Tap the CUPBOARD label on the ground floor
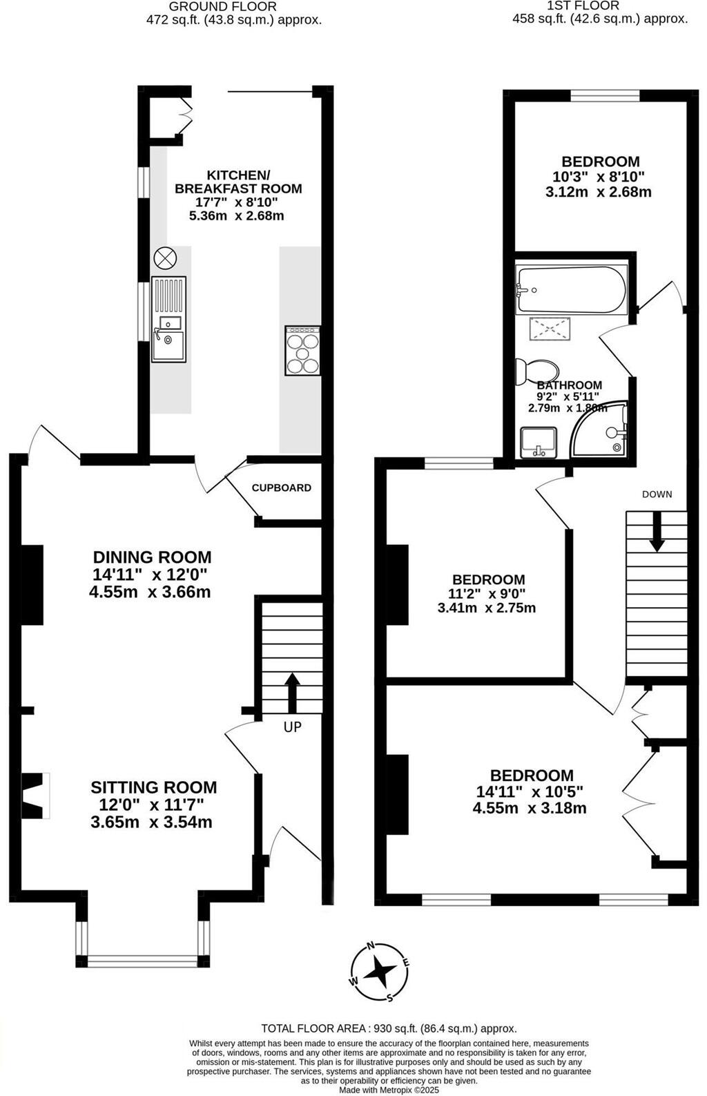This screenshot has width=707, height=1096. click(x=281, y=488)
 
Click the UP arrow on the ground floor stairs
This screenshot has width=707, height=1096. click(x=292, y=693)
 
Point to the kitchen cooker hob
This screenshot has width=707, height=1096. click(x=303, y=351)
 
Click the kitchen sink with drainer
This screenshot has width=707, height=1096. click(x=169, y=319)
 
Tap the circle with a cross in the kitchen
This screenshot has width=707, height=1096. click(x=165, y=259)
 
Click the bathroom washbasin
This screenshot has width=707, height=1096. click(x=538, y=442)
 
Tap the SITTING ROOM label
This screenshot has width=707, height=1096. click(x=153, y=787)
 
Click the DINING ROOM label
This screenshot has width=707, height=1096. click(x=152, y=557)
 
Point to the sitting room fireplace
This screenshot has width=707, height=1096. click(x=35, y=796)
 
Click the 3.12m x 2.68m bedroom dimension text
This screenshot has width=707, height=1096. click(x=598, y=192)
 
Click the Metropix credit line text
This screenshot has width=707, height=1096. click(x=389, y=1090)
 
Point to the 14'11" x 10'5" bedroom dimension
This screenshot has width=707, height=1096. click(x=530, y=791)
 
